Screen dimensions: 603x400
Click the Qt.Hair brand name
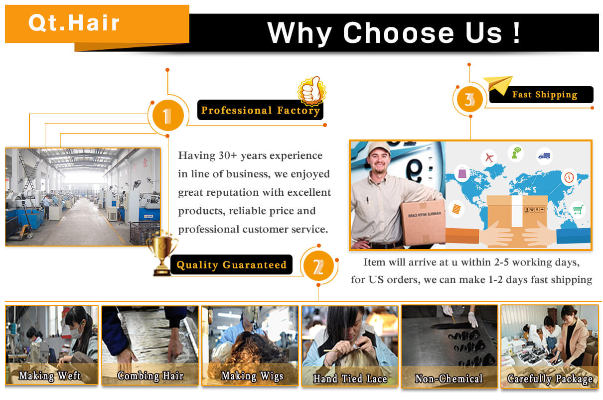74,22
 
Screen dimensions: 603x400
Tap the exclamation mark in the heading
516,32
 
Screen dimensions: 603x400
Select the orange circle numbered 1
168,116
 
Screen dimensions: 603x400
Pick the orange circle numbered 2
318,266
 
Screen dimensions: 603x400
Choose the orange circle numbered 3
470,99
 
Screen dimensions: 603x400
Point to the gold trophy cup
162,254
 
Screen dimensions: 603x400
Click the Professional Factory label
260,110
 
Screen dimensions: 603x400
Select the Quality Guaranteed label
232,265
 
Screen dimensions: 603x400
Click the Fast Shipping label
545,95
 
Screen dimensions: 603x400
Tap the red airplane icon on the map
489,157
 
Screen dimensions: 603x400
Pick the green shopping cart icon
578,209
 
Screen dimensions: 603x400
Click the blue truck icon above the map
544,156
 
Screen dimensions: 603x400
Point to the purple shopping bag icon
462,172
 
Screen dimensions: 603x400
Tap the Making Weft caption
50,376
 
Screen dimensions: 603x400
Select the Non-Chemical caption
449,379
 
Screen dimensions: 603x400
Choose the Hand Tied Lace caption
350,379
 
